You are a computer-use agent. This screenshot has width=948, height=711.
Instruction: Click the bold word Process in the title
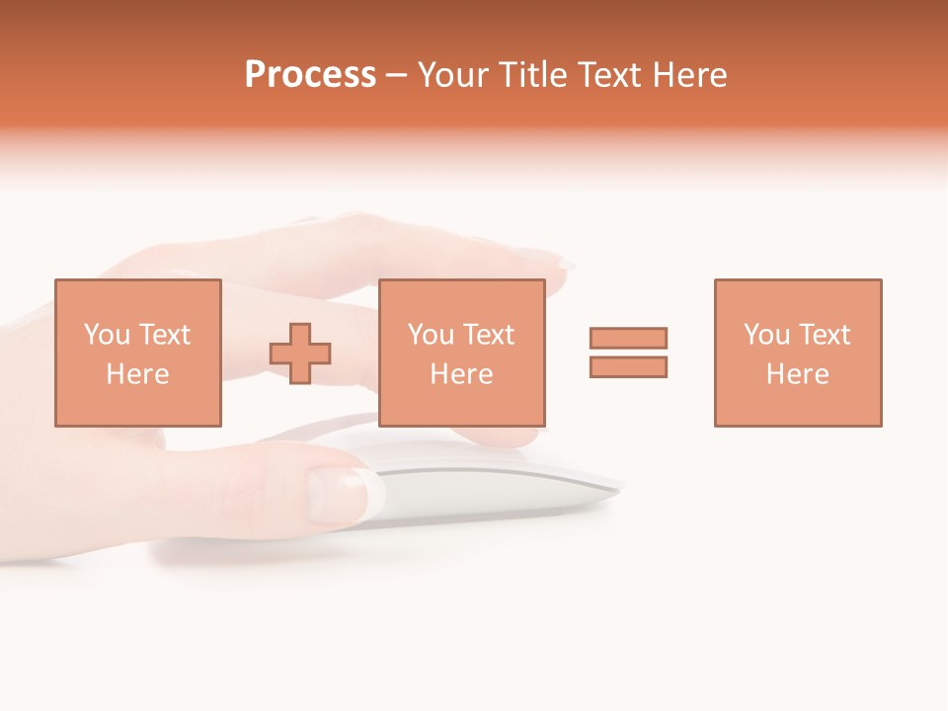(310, 75)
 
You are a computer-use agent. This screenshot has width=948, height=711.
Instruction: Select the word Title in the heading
(533, 75)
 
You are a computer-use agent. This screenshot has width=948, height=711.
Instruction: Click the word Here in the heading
(693, 75)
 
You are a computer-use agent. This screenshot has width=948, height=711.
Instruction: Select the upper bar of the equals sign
(628, 338)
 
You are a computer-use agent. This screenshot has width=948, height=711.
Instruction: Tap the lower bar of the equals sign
(628, 366)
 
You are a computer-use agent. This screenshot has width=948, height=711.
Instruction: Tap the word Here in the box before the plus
(138, 374)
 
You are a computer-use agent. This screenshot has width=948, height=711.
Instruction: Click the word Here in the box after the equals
(798, 374)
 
